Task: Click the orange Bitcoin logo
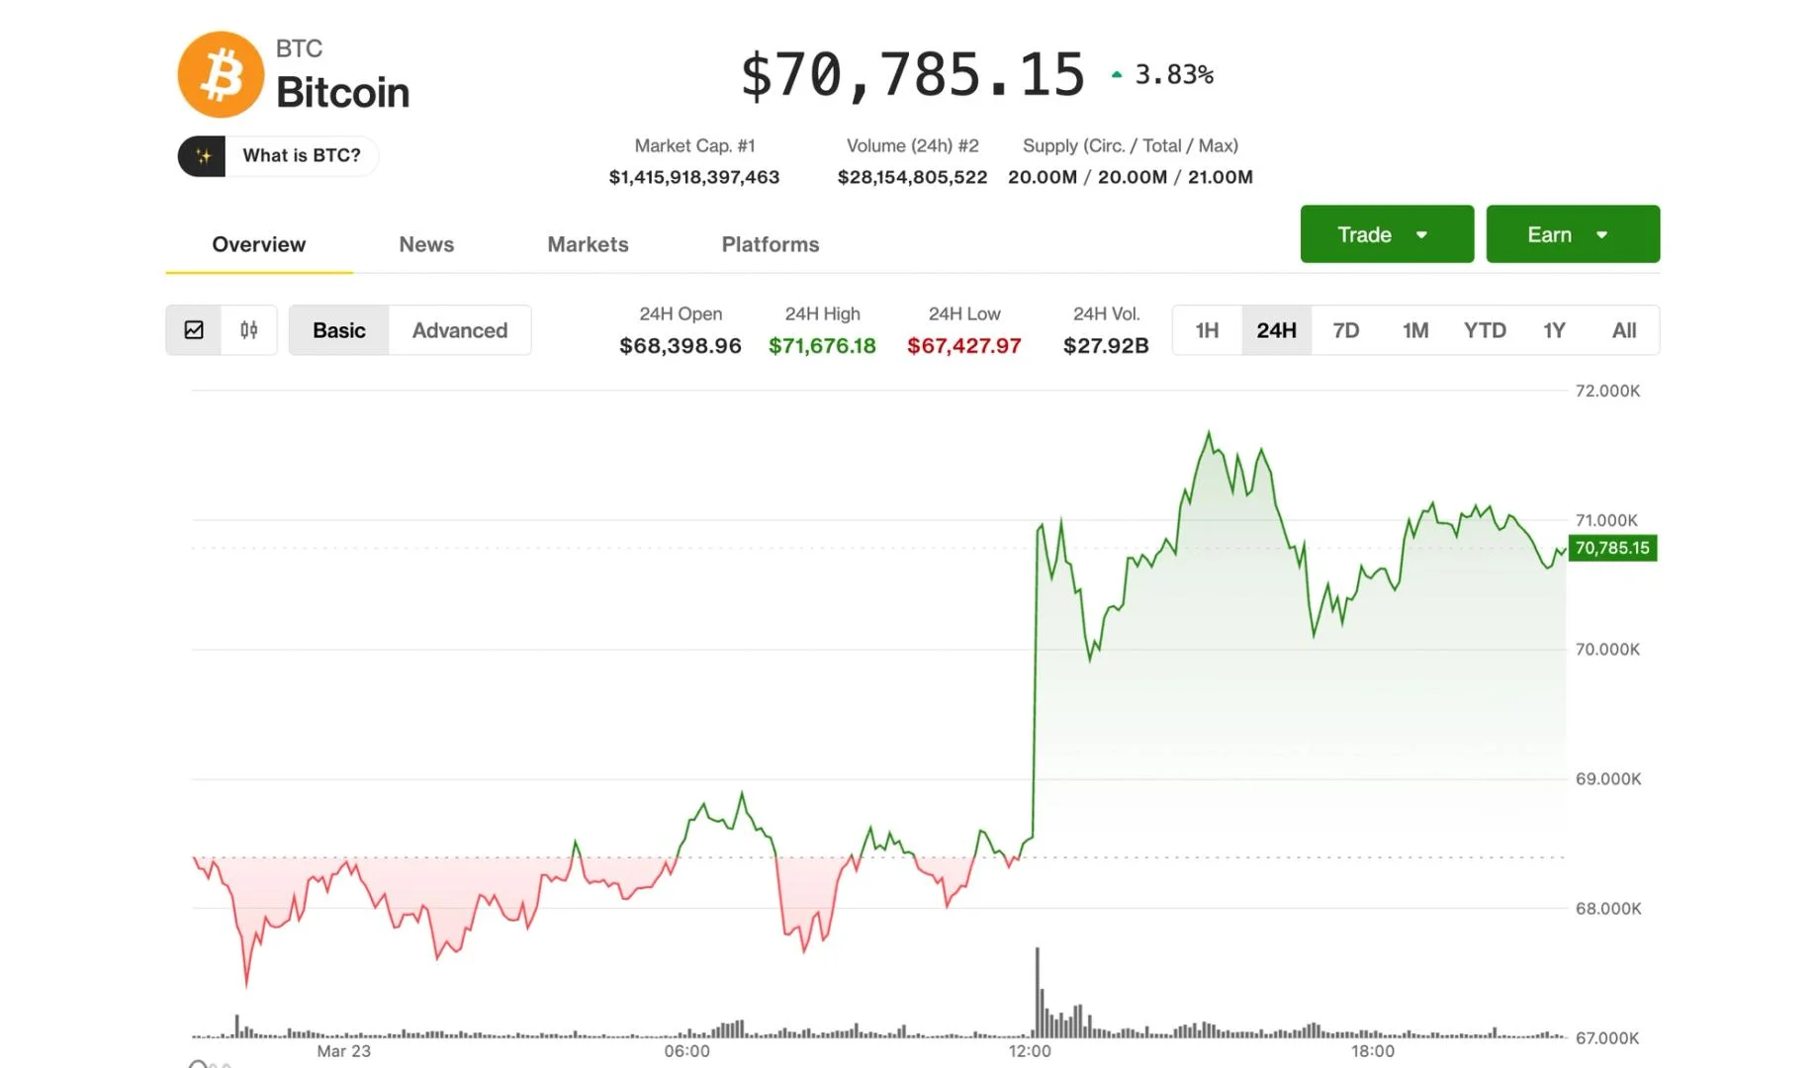point(221,75)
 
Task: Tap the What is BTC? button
point(278,156)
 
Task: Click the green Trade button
point(1386,234)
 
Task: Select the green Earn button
point(1572,234)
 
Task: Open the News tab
point(426,244)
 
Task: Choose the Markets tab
point(588,244)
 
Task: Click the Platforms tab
point(770,244)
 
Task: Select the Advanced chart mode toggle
point(459,330)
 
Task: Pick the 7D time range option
point(1345,330)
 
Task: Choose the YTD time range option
point(1484,330)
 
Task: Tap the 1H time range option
point(1207,330)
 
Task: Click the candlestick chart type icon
point(248,330)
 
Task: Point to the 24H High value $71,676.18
point(822,346)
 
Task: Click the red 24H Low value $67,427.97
point(963,346)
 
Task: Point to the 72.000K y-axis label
point(1607,391)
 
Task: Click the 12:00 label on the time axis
point(1030,1051)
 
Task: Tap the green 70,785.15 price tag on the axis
point(1611,548)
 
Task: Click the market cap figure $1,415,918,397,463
point(693,177)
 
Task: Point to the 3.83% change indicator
point(1173,74)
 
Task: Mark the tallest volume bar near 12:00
point(1038,989)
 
